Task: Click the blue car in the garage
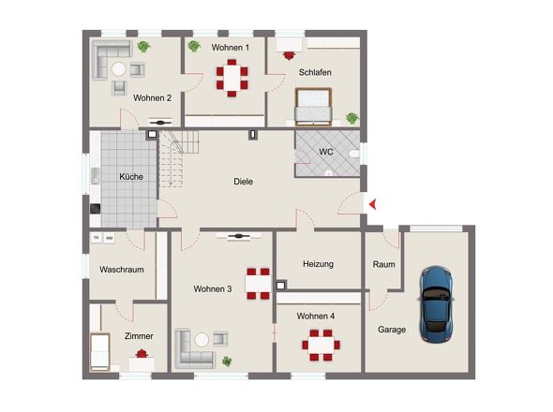(436, 305)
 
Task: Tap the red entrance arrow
(372, 204)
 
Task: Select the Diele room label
(244, 182)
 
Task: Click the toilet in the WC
(354, 154)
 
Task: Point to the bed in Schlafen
(314, 107)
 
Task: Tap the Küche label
(131, 177)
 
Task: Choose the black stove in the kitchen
(96, 209)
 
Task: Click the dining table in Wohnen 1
(232, 78)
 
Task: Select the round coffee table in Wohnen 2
(119, 69)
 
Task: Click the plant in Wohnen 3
(227, 361)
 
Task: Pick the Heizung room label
(318, 264)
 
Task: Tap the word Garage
(392, 330)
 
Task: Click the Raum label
(383, 264)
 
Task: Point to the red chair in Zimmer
(142, 354)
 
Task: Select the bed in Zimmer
(99, 352)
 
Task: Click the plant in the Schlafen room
(352, 118)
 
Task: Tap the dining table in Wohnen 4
(321, 346)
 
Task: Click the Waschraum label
(122, 270)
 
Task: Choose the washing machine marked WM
(110, 238)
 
